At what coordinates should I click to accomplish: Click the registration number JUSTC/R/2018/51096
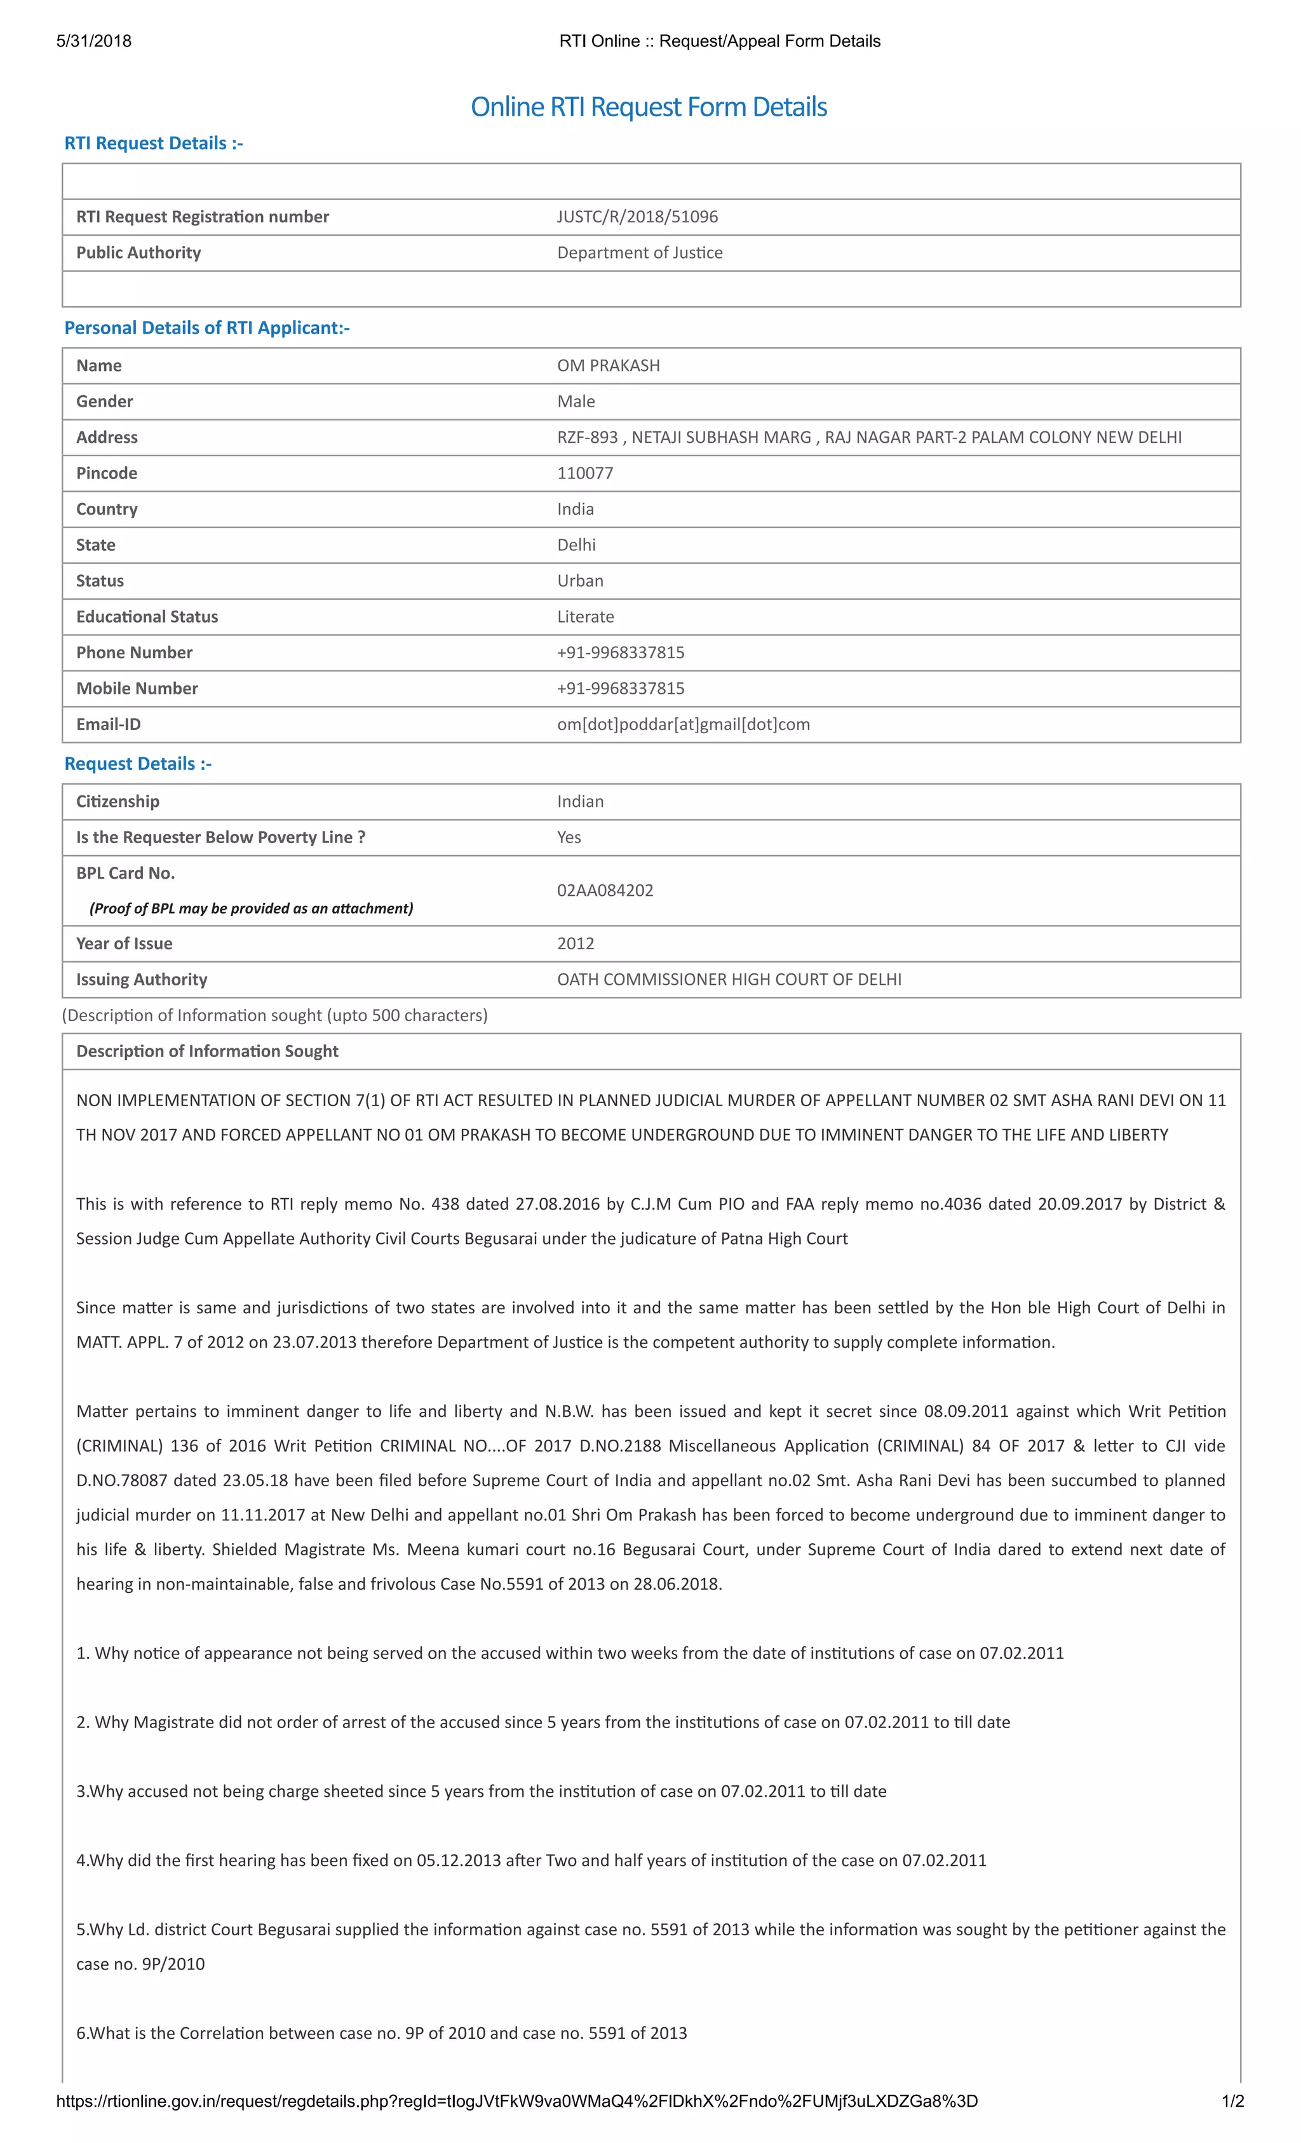tap(637, 217)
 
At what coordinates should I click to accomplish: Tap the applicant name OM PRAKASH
tap(608, 365)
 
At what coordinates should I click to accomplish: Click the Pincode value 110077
tap(584, 473)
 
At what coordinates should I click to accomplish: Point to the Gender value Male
tap(576, 401)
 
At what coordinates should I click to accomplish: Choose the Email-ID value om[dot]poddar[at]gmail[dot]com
tap(683, 724)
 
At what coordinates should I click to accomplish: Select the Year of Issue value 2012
tap(575, 943)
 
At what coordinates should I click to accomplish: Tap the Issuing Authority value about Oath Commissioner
tap(729, 979)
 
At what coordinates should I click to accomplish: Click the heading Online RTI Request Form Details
tap(648, 107)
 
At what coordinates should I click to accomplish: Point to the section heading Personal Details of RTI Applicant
tap(207, 328)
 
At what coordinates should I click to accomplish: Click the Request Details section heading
tap(137, 764)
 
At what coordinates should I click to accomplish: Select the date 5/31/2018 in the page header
tap(94, 41)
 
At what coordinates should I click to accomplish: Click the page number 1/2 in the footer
tap(1232, 2101)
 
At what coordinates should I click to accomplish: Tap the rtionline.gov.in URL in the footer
tap(516, 2101)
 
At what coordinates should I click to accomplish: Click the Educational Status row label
tap(147, 617)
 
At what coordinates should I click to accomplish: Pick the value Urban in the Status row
tap(580, 580)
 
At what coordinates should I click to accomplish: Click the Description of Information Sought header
tap(207, 1051)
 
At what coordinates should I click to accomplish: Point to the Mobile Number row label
tap(137, 688)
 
